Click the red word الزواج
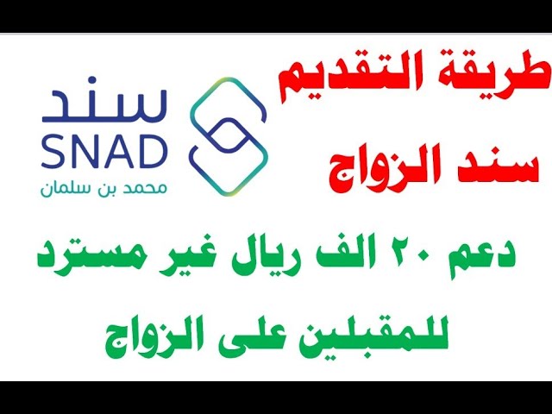[x=378, y=171]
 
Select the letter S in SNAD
[x=53, y=152]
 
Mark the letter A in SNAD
[x=116, y=152]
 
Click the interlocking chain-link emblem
[x=229, y=136]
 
